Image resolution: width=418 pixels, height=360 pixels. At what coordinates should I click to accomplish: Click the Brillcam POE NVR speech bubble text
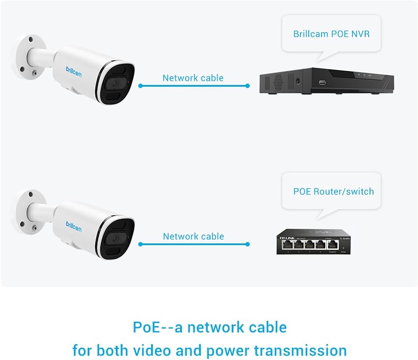click(331, 34)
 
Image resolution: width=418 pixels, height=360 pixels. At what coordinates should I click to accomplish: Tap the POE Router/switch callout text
click(333, 191)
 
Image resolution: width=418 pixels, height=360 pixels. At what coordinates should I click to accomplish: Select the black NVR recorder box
click(326, 81)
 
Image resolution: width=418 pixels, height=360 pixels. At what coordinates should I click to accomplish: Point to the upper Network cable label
click(193, 78)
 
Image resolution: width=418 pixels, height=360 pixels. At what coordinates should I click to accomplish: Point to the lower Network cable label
click(193, 236)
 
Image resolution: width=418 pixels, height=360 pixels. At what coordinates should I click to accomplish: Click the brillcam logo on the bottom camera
click(74, 228)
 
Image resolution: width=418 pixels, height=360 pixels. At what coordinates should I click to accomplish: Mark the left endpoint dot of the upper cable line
click(140, 86)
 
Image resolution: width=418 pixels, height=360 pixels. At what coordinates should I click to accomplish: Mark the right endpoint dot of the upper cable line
click(248, 86)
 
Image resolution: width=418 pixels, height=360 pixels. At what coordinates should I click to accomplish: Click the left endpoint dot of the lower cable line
click(140, 244)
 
